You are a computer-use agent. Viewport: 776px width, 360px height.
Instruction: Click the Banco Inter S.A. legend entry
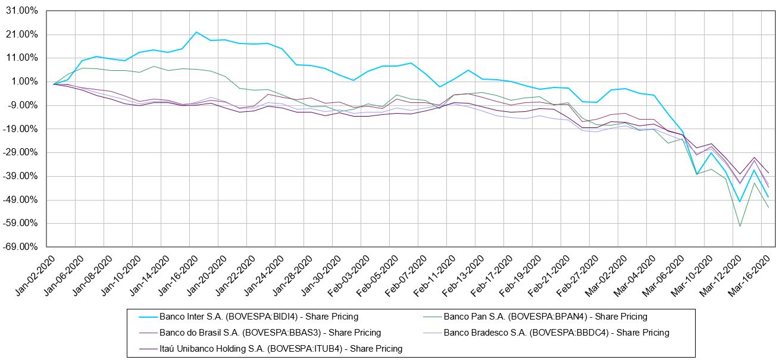click(259, 317)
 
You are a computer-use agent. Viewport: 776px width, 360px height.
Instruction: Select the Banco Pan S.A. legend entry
click(545, 317)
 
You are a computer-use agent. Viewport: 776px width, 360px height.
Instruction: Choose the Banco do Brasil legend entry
click(270, 333)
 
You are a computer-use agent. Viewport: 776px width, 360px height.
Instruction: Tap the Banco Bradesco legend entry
click(556, 333)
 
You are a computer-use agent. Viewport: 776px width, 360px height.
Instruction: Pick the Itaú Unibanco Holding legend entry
click(281, 349)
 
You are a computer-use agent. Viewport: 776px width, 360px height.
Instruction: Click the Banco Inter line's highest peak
click(196, 32)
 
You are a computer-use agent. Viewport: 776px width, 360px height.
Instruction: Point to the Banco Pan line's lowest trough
click(740, 226)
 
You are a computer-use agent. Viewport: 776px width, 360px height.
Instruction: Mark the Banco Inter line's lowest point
click(740, 202)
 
